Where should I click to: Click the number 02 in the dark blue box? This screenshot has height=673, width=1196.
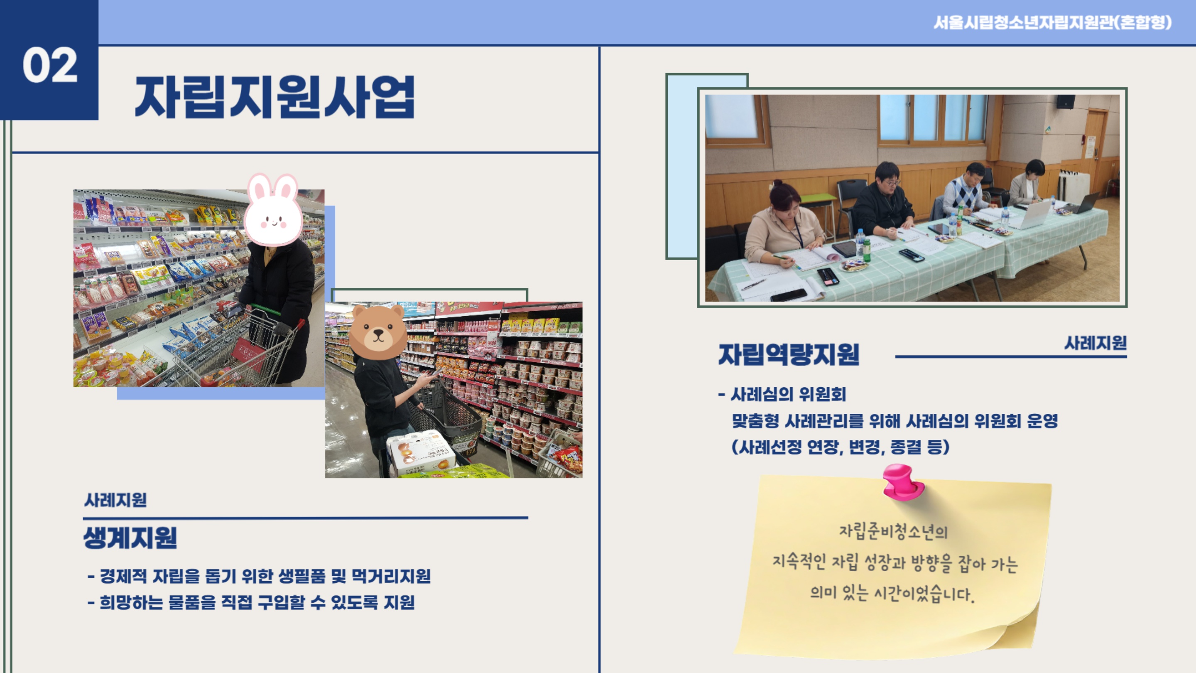(x=50, y=65)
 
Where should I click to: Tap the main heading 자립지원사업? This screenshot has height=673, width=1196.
(x=275, y=97)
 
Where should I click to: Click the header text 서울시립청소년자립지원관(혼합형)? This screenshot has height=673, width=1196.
(x=1053, y=22)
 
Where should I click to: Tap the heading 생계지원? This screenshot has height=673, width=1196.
(x=130, y=538)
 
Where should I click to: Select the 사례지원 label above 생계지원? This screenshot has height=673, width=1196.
(x=115, y=500)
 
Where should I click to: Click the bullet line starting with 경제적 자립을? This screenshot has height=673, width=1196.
(x=259, y=576)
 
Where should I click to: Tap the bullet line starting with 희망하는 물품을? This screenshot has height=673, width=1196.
(x=251, y=602)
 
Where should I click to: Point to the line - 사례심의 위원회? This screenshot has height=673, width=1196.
(x=782, y=394)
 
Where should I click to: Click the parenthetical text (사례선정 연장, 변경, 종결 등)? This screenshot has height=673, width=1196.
(x=841, y=447)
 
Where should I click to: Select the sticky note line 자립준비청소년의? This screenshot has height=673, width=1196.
(x=893, y=531)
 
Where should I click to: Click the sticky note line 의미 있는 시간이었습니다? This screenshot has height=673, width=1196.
(x=892, y=594)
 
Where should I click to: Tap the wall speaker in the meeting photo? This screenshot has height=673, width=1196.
(x=1066, y=102)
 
